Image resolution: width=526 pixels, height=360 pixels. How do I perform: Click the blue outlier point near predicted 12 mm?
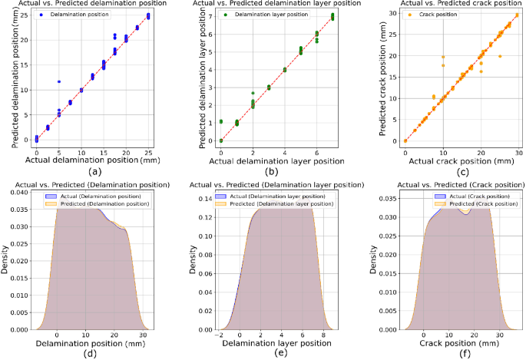(x=58, y=81)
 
